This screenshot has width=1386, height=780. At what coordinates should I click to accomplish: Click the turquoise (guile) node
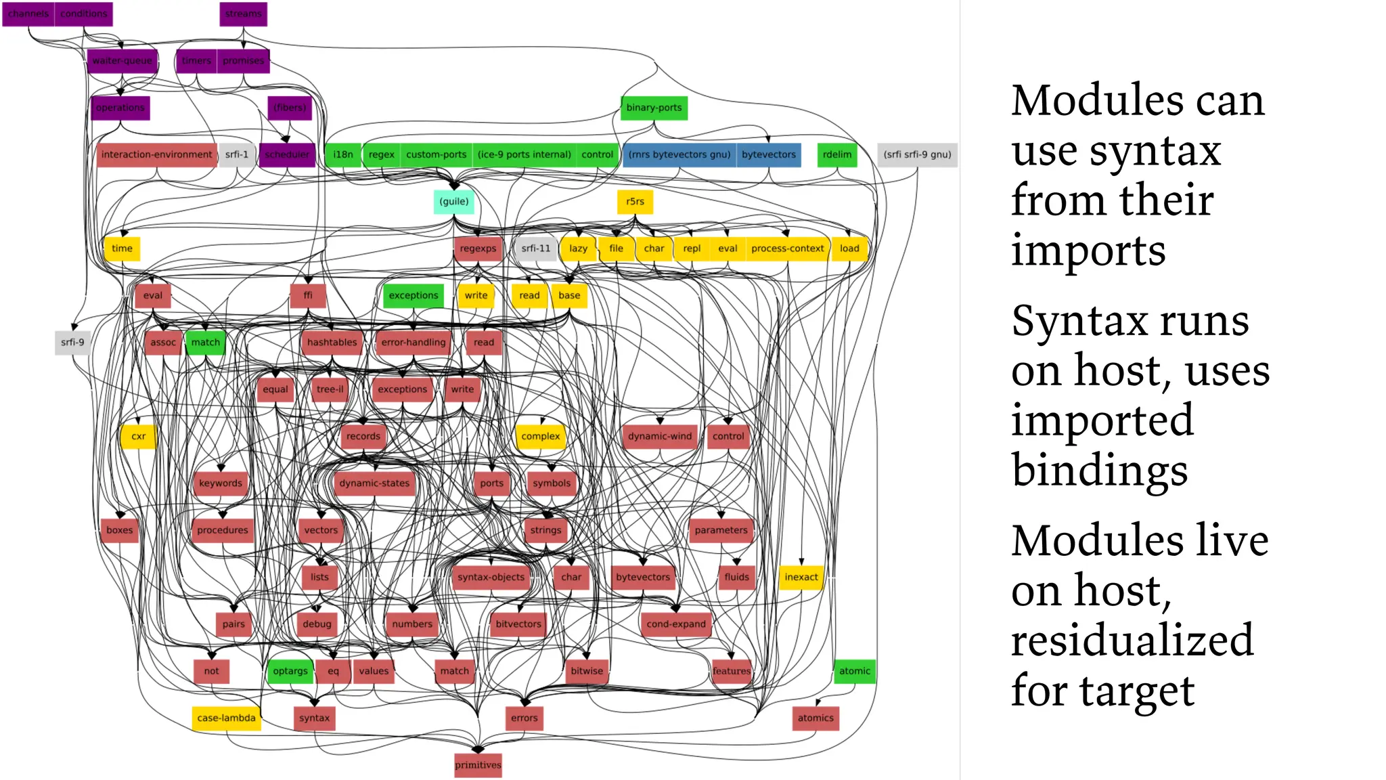pyautogui.click(x=453, y=202)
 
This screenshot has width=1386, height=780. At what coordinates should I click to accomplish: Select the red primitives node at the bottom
pyautogui.click(x=478, y=765)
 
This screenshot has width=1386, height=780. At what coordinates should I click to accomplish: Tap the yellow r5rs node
pyautogui.click(x=635, y=202)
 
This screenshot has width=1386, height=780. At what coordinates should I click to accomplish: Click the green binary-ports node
pyautogui.click(x=654, y=108)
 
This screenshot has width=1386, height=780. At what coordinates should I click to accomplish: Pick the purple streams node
pyautogui.click(x=243, y=14)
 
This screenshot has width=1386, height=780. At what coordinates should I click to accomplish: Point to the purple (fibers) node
pyautogui.click(x=290, y=108)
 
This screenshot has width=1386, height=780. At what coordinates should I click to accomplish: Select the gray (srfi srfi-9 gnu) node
pyautogui.click(x=917, y=154)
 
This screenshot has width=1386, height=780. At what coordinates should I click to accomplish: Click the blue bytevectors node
pyautogui.click(x=768, y=154)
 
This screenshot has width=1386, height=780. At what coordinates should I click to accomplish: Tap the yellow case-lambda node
pyautogui.click(x=226, y=718)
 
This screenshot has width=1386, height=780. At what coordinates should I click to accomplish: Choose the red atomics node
pyautogui.click(x=815, y=718)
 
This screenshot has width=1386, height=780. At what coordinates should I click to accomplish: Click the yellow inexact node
pyautogui.click(x=801, y=577)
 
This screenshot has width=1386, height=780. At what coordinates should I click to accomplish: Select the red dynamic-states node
pyautogui.click(x=374, y=483)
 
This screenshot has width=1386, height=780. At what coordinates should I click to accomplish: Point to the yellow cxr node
pyautogui.click(x=138, y=437)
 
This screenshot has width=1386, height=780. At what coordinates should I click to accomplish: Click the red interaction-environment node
pyautogui.click(x=156, y=154)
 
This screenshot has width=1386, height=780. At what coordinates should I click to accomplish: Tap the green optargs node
pyautogui.click(x=290, y=671)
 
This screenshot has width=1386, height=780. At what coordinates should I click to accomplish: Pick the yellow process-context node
pyautogui.click(x=787, y=248)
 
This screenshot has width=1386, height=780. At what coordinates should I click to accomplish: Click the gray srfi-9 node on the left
pyautogui.click(x=72, y=343)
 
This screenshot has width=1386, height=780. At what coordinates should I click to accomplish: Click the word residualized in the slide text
pyautogui.click(x=1132, y=641)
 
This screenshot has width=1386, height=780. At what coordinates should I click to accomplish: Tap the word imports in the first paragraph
pyautogui.click(x=1088, y=251)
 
